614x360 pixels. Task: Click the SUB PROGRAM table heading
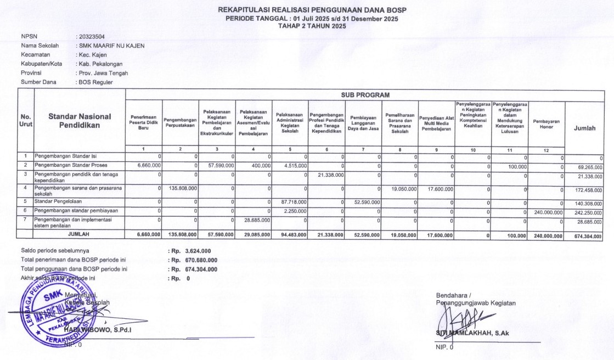pyautogui.click(x=365, y=95)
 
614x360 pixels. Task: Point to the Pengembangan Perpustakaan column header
pyautogui.click(x=181, y=123)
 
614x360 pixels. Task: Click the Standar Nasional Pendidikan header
pyautogui.click(x=80, y=121)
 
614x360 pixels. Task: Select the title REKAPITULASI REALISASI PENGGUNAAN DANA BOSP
pyautogui.click(x=312, y=10)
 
